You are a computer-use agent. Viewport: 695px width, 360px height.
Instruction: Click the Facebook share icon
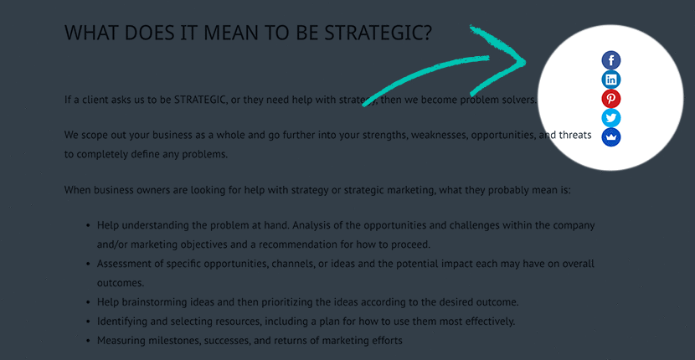[x=610, y=59]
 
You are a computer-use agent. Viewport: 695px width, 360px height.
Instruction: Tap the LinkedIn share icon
[x=610, y=80]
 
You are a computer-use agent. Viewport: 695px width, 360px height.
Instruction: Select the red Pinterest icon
[x=610, y=99]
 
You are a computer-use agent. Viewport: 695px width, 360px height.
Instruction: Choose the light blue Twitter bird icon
[x=610, y=118]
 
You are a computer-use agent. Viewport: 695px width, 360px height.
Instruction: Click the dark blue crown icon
[x=610, y=137]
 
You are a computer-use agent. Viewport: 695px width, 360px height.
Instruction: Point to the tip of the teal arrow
[x=526, y=62]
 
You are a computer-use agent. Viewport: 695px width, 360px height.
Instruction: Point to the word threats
[x=575, y=135]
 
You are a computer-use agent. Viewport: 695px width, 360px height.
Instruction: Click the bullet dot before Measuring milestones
[x=88, y=341]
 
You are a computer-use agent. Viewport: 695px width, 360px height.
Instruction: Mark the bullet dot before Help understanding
[x=88, y=226]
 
